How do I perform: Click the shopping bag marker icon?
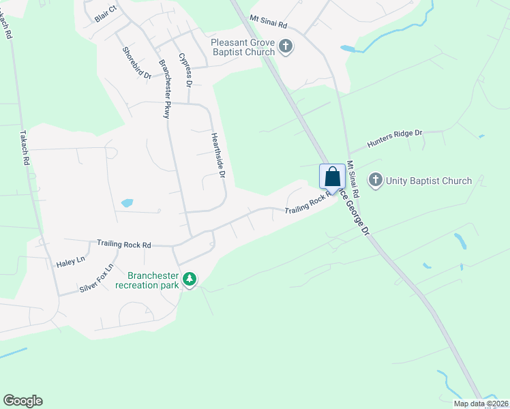[x=332, y=177]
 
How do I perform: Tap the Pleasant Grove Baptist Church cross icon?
[x=286, y=47]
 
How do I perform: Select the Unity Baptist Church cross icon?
[x=375, y=181]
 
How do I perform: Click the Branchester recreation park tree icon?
[x=191, y=280]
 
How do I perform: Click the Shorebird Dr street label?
[x=136, y=63]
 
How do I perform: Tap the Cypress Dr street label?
[x=185, y=69]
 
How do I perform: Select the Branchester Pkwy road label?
[x=164, y=89]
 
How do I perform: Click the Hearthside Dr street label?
[x=217, y=155]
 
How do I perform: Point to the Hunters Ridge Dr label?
[x=395, y=138]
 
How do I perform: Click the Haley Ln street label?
[x=71, y=261]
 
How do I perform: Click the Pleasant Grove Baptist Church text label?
[x=243, y=47]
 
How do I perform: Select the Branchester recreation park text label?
[x=153, y=280]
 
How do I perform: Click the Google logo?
[x=22, y=401]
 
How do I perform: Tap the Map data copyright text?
[x=481, y=404]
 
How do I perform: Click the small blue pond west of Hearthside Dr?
[x=127, y=203]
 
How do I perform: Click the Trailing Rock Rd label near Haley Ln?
[x=123, y=243]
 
